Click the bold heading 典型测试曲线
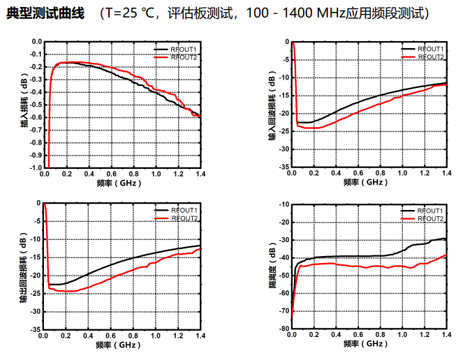tap(44, 14)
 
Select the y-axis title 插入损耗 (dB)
tap(23, 105)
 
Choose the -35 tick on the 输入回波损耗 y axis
tap(282, 167)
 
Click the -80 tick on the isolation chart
tap(282, 328)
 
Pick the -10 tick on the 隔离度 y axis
tap(282, 204)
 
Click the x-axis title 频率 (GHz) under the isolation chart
tap(366, 344)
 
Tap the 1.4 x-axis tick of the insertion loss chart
tap(200, 174)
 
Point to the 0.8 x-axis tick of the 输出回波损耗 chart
tap(133, 335)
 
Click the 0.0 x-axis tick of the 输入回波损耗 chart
tap(292, 174)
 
